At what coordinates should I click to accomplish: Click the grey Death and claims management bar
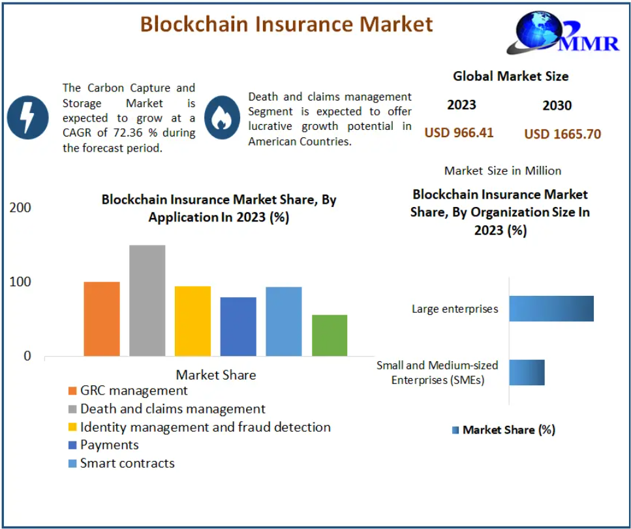coord(147,300)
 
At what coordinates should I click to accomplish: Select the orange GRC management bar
coord(102,319)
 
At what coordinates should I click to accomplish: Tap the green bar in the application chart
coord(330,336)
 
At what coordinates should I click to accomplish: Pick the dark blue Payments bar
coord(238,327)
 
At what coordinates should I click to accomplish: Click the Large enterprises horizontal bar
coord(551,309)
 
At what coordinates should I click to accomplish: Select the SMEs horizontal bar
coord(527,373)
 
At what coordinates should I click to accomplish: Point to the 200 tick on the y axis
coord(20,208)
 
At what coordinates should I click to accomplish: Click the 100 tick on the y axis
coord(20,282)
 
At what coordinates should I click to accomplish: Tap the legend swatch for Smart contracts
coord(72,464)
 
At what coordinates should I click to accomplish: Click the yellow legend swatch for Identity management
coord(72,427)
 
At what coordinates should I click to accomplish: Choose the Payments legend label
coord(110,445)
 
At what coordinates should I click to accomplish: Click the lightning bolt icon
coord(28,118)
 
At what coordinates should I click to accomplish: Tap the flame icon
coord(222,118)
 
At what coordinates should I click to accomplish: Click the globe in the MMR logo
coord(539,30)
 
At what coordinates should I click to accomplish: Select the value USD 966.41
coord(459,133)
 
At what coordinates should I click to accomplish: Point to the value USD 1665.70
coord(562,134)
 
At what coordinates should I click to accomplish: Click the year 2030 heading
coord(557,106)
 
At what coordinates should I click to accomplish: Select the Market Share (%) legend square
coord(455,430)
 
